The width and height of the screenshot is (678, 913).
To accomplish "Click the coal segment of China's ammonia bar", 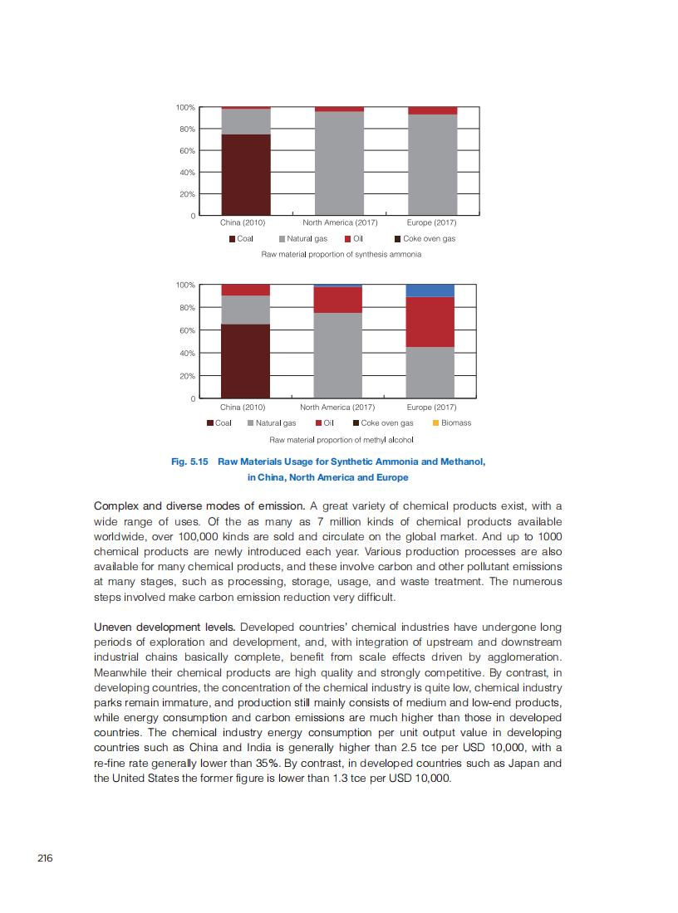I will (x=246, y=174).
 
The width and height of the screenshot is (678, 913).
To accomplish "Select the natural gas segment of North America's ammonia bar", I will (x=339, y=163).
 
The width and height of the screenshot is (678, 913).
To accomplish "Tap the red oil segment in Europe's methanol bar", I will (x=430, y=322).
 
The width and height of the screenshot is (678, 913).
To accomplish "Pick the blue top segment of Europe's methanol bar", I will (x=430, y=290).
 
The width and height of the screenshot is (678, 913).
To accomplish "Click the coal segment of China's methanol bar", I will (x=246, y=361).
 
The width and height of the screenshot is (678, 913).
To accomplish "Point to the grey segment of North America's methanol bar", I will (x=337, y=355).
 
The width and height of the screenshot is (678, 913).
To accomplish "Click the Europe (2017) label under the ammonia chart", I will (x=431, y=222).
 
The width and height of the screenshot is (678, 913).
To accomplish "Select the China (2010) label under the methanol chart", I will (x=243, y=408).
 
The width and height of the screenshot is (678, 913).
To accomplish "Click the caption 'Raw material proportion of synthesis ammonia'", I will (x=341, y=254).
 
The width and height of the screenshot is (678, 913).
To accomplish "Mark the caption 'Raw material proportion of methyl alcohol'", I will (x=341, y=439).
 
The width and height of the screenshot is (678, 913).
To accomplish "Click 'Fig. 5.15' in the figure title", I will (x=189, y=461).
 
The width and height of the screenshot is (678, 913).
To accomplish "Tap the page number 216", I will (x=45, y=858).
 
